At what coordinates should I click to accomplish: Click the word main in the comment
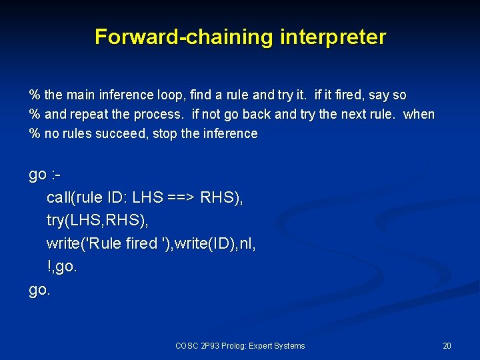tap(80, 95)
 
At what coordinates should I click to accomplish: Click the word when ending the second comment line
tap(419, 114)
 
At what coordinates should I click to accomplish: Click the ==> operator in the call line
tap(178, 198)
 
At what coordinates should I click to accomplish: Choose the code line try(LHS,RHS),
tap(97, 221)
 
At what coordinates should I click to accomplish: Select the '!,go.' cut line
tap(62, 267)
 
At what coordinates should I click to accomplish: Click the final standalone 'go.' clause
tap(39, 290)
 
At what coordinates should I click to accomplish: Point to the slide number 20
tap(447, 345)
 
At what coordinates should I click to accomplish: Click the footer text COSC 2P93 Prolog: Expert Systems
tap(240, 345)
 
